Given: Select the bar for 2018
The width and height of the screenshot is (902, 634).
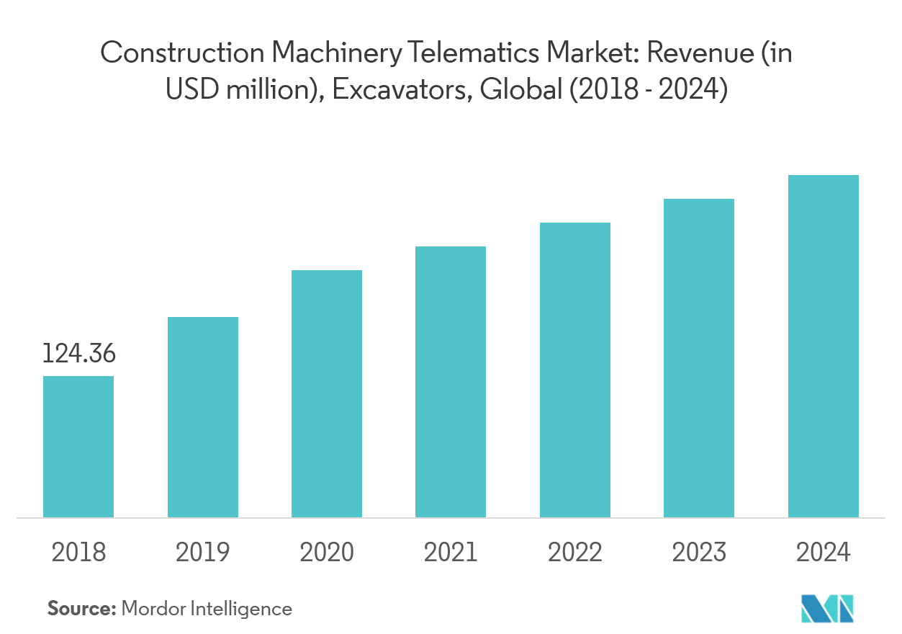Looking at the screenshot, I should [x=78, y=447].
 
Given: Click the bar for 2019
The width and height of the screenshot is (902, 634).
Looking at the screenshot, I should [x=203, y=417].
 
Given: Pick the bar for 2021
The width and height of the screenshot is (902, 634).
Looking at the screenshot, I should [x=451, y=382].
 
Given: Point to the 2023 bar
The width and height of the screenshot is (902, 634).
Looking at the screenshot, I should [x=699, y=358].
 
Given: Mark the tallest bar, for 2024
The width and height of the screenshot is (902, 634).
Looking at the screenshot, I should [x=824, y=346].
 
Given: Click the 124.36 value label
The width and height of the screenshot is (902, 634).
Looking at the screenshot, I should [x=78, y=354].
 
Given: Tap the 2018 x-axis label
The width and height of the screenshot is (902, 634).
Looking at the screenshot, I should [x=78, y=553].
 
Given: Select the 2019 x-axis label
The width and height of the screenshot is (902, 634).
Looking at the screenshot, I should [x=203, y=553].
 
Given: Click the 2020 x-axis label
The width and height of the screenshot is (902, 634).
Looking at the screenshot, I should [x=327, y=553].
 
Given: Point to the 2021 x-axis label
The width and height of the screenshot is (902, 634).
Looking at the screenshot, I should [x=451, y=553].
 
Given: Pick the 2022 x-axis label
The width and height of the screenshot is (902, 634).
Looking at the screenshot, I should [x=575, y=553].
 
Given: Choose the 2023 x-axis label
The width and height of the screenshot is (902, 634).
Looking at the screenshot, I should [x=699, y=553].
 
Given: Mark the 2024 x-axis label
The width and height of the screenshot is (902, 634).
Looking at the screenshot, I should [x=824, y=553].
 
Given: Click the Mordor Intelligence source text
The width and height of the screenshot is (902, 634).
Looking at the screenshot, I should [x=207, y=609].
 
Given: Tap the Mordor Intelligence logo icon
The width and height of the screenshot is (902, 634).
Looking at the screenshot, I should [x=827, y=609].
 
